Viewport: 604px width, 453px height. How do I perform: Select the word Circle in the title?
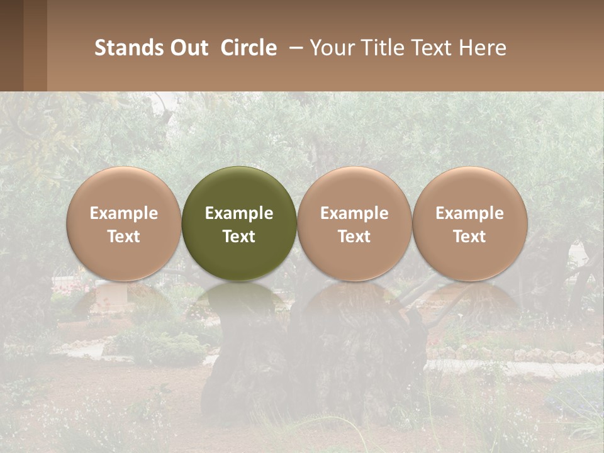249,48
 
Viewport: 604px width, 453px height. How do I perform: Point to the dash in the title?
294,48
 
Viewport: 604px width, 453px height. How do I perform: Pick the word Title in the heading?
384,48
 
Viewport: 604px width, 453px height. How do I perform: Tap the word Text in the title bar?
433,48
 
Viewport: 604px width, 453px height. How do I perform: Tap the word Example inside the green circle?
239,213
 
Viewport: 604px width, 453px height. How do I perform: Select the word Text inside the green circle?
239,237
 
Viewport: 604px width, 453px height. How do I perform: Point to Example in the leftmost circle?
124,213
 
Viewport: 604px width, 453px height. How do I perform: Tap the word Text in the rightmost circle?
469,237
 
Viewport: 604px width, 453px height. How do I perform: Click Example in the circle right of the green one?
354,213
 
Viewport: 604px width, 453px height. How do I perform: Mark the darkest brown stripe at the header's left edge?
11,45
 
